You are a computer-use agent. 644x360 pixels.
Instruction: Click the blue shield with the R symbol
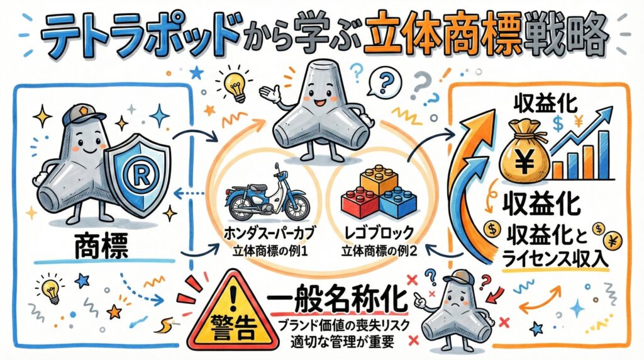(137, 172)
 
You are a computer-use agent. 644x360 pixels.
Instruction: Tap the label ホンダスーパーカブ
(270, 233)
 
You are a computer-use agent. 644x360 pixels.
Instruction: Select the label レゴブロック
(378, 233)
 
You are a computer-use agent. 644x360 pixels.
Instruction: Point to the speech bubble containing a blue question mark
(382, 82)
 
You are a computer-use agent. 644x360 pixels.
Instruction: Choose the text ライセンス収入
(555, 259)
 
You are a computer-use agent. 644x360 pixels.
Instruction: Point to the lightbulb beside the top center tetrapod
(235, 86)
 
